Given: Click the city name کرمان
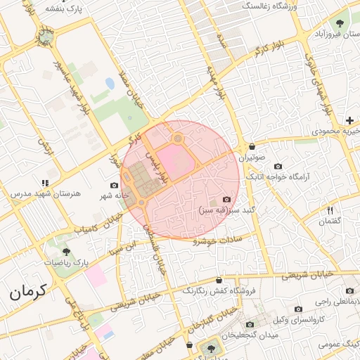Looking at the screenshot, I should pyautogui.click(x=27, y=290).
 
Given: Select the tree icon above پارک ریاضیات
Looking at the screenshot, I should pyautogui.click(x=66, y=251).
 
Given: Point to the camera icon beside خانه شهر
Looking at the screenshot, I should pyautogui.click(x=115, y=185).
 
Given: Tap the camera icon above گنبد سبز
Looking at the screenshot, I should pyautogui.click(x=226, y=200).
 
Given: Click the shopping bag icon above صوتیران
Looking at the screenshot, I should pyautogui.click(x=252, y=146).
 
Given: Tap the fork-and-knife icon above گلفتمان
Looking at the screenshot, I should pyautogui.click(x=330, y=210).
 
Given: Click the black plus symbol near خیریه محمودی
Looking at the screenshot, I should pyautogui.click(x=349, y=120).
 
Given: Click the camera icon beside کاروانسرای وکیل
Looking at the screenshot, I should pyautogui.click(x=298, y=309).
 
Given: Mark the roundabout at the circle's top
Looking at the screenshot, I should pyautogui.click(x=178, y=139).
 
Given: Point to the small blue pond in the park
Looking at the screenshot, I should pyautogui.click(x=110, y=83).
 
